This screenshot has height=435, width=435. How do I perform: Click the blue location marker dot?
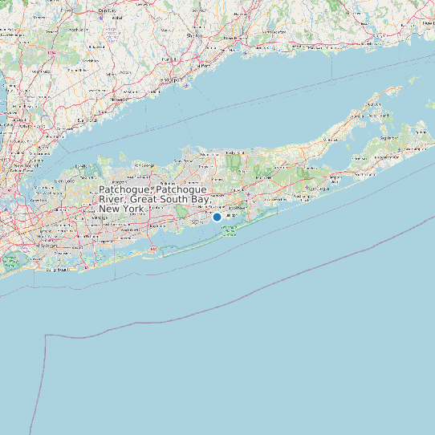(x=217, y=217)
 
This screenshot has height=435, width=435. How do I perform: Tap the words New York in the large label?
(x=122, y=209)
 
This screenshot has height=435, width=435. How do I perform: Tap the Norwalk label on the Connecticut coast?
(x=120, y=98)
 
